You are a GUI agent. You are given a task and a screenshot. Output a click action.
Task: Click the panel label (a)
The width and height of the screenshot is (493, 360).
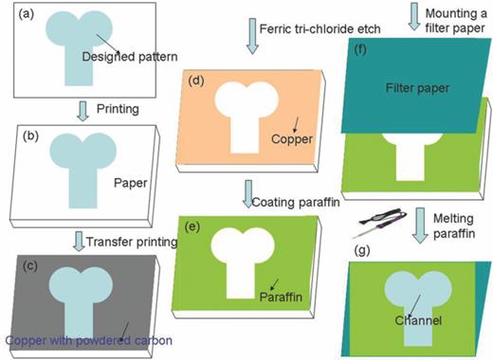pyautogui.click(x=19, y=13)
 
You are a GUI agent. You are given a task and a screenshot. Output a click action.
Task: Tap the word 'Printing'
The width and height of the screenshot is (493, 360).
pyautogui.click(x=118, y=109)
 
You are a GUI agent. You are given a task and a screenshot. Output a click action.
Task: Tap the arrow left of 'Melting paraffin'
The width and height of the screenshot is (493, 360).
pyautogui.click(x=419, y=225)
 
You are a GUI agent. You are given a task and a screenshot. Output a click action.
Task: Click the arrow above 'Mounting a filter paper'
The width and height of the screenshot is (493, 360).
pyautogui.click(x=416, y=14)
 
